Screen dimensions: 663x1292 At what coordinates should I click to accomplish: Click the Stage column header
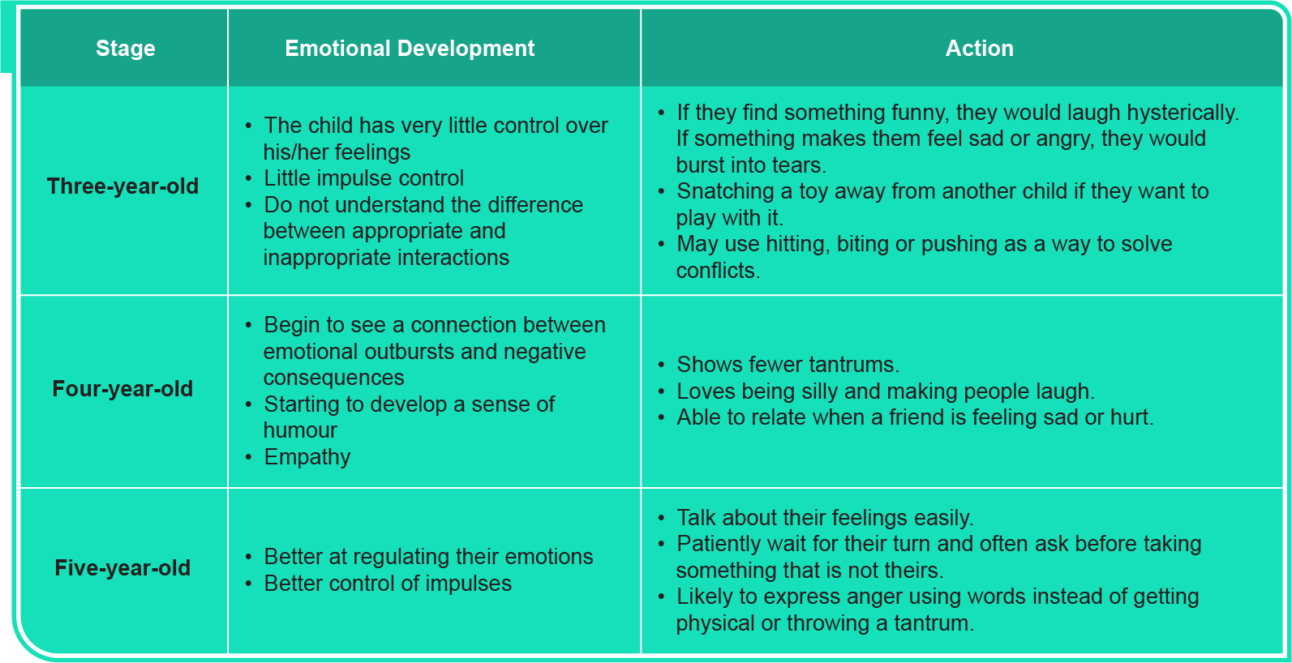tap(125, 49)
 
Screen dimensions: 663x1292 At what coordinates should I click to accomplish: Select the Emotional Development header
tap(410, 49)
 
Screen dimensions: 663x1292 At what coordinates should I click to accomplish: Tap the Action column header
tap(979, 49)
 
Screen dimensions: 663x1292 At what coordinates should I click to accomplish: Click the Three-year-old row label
tap(122, 186)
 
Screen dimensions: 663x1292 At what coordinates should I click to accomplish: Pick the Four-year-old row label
tap(122, 389)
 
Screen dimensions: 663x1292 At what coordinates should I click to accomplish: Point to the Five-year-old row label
tap(122, 568)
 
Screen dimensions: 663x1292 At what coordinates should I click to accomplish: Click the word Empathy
tap(307, 457)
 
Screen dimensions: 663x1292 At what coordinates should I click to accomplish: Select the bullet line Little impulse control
tap(363, 178)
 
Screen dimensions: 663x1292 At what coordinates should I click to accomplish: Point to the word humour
tap(300, 430)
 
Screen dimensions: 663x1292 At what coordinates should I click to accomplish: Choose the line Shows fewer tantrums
tap(788, 365)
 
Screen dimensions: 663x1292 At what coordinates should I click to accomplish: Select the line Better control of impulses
tap(388, 584)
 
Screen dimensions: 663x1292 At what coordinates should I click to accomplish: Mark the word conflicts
tap(718, 271)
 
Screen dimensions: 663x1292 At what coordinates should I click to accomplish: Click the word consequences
tap(333, 378)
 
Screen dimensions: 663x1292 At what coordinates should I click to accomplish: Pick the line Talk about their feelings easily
tap(825, 518)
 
